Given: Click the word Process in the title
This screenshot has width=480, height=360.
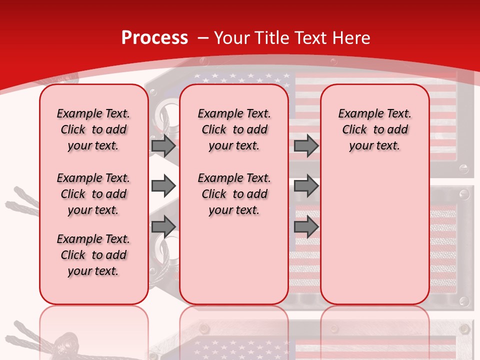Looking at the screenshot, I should tap(154, 38).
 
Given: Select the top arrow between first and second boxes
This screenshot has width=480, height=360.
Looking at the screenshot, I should tap(163, 145).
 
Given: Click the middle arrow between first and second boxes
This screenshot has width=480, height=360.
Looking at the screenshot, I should tap(163, 186).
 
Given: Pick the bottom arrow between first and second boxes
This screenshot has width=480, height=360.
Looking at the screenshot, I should tap(163, 226).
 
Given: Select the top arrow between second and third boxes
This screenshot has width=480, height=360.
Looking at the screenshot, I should tap(306, 145).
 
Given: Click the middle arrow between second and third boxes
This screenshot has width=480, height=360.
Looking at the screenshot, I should tap(306, 186).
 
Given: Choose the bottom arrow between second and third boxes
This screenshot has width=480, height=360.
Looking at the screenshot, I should tap(306, 226).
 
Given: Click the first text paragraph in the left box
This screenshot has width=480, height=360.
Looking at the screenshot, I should tap(93, 129).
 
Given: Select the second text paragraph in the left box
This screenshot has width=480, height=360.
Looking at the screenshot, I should tap(93, 194).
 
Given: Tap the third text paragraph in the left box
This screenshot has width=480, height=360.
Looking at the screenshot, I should tap(93, 255).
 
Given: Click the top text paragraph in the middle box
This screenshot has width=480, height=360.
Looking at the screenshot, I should tap(234, 129).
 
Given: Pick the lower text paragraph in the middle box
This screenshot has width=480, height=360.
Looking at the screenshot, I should tap(234, 194).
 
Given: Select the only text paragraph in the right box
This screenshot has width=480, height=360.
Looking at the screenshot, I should tap(374, 129).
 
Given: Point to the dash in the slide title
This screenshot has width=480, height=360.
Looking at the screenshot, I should tap(203, 38).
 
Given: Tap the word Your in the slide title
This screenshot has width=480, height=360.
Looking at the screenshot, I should tap(232, 38).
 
